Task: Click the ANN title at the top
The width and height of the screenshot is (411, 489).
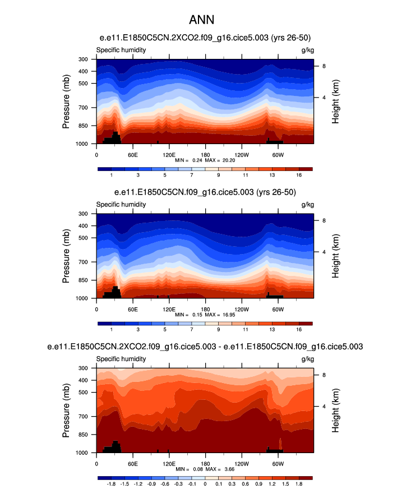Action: (205, 20)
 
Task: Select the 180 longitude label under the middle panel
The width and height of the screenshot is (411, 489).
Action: (205, 308)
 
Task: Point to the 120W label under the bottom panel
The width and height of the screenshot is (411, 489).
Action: (242, 463)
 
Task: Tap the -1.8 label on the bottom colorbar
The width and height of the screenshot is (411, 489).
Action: (111, 483)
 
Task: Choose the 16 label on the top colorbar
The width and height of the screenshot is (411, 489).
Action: (299, 175)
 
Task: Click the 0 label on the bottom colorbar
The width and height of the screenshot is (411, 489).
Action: (205, 483)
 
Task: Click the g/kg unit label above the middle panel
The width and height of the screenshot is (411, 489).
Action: (307, 204)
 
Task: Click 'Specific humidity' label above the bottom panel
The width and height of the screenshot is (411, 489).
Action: (121, 358)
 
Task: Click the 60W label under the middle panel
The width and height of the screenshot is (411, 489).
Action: (278, 308)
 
